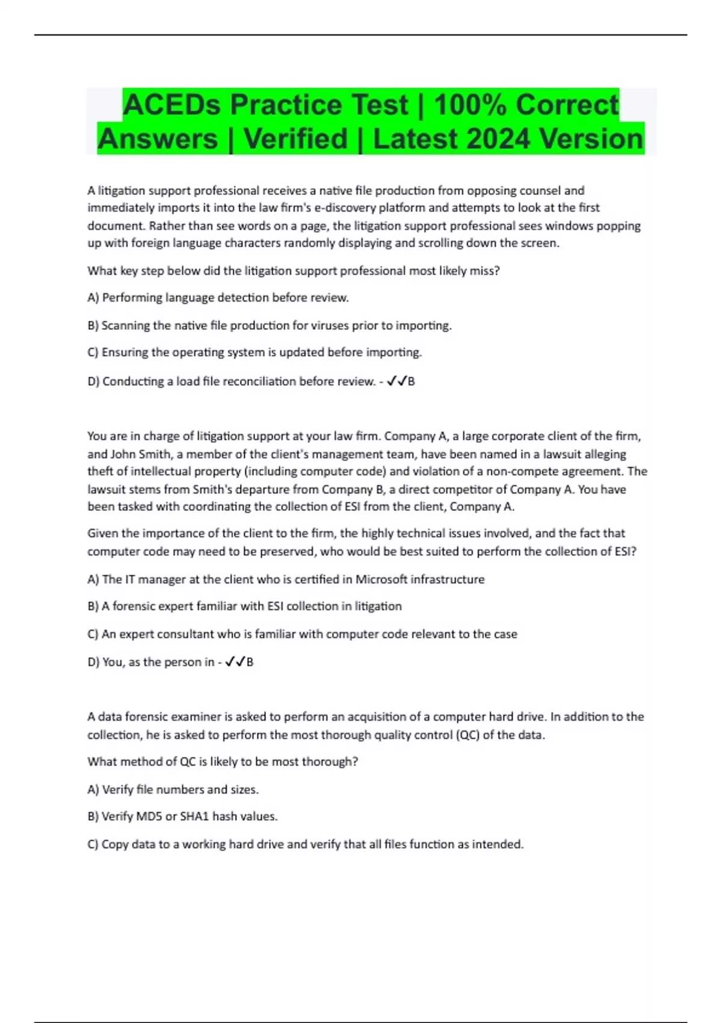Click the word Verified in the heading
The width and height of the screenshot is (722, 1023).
pos(295,139)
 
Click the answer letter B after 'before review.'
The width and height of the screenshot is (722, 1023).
pos(412,382)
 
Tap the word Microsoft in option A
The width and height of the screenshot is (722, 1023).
pos(389,579)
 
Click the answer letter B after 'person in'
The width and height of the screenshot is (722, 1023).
pos(250,663)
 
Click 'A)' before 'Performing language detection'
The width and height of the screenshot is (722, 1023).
pos(93,298)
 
